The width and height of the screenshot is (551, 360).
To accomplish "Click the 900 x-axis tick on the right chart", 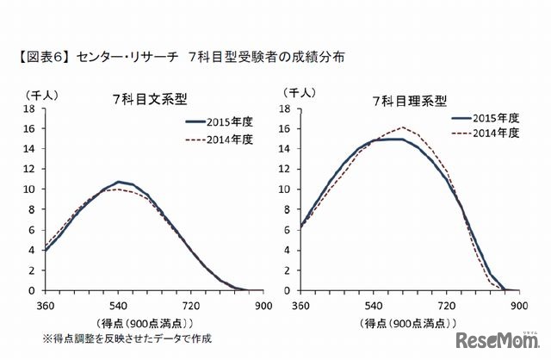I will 519,305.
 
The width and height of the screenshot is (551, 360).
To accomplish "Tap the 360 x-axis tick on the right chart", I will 300,305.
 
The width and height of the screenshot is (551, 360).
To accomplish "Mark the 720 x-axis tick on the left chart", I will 191,305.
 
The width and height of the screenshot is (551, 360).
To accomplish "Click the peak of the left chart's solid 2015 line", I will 120,182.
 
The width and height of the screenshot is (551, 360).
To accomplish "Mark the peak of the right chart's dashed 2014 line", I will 404,127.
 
